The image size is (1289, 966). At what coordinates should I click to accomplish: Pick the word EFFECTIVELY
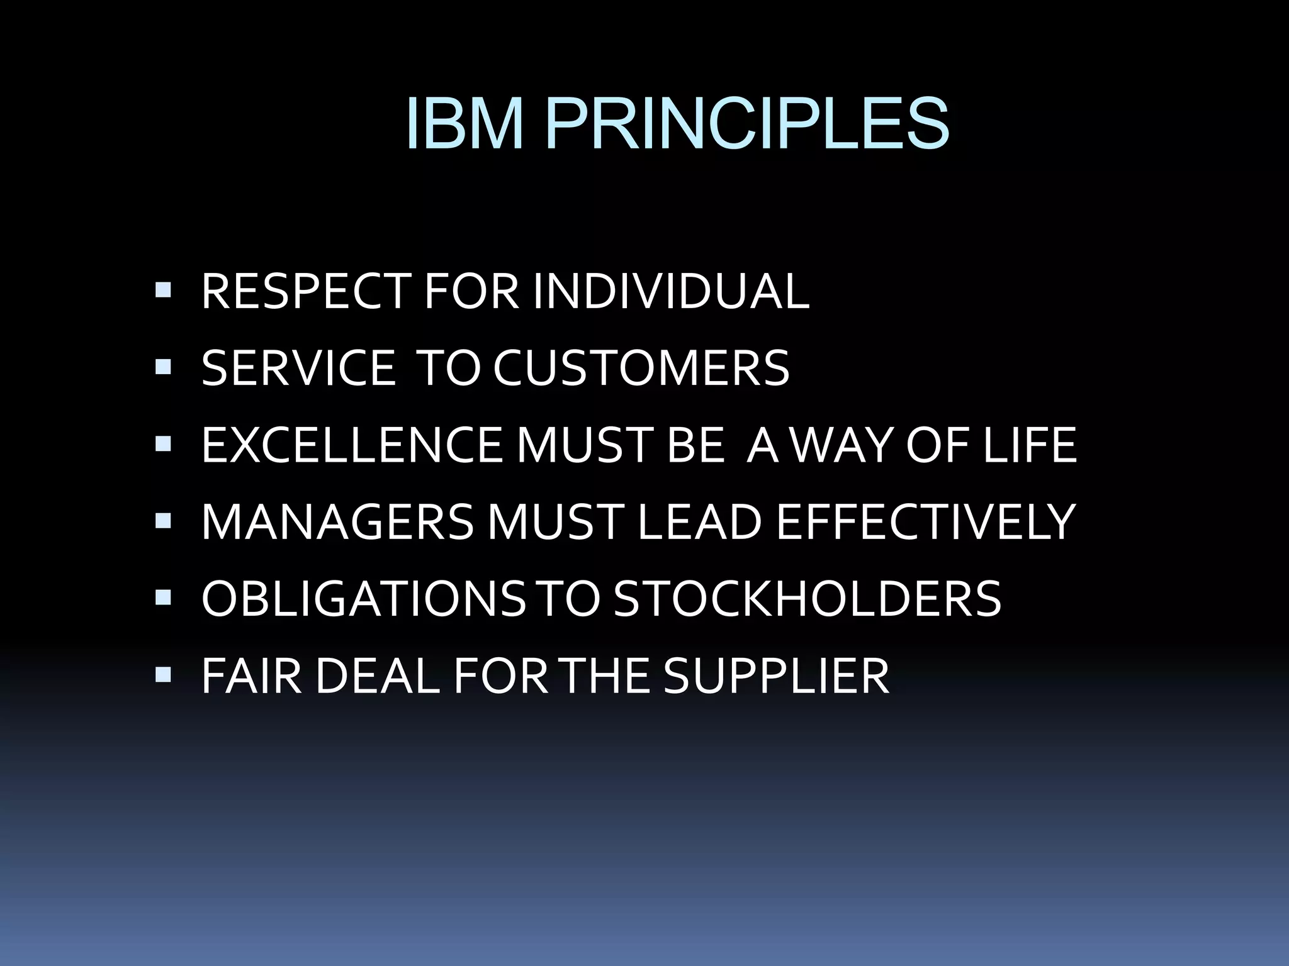point(925,521)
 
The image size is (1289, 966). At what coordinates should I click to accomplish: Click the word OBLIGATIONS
point(363,598)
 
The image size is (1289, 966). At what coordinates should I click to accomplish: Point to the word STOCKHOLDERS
point(807,598)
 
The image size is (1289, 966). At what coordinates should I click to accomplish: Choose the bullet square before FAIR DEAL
point(162,674)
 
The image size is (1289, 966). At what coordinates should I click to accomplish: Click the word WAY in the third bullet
point(841,445)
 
